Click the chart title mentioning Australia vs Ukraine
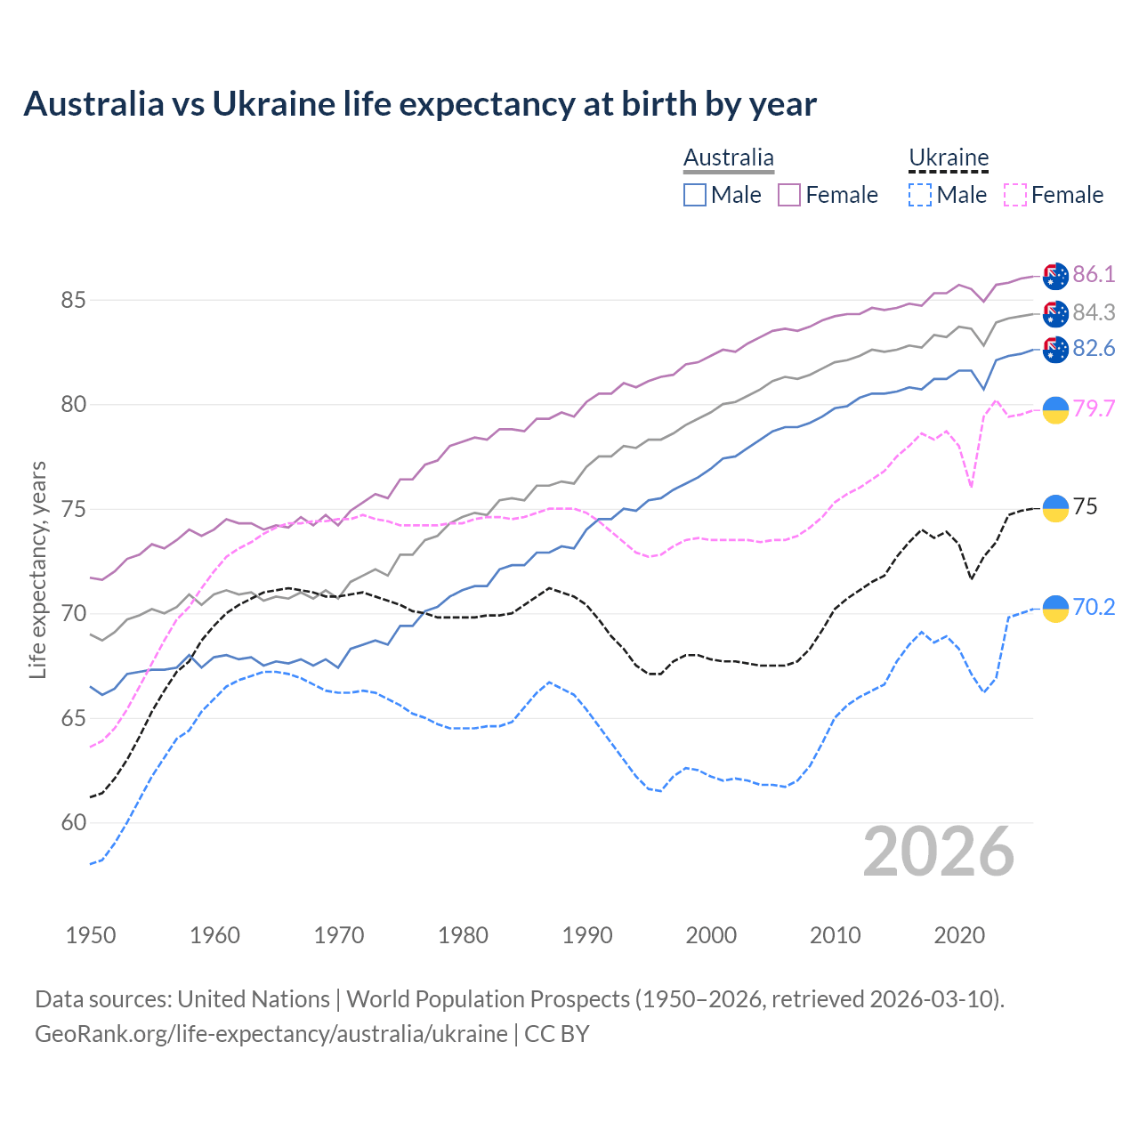420,104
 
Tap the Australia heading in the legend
729,158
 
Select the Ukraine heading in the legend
949,158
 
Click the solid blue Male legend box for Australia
695,195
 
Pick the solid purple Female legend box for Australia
789,195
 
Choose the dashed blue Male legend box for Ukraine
920,195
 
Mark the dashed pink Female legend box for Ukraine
1014,195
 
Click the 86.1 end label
1094,274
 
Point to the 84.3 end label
1094,312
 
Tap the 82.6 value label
1094,348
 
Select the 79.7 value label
1094,408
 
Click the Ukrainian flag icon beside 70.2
1055,608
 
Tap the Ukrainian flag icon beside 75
1055,507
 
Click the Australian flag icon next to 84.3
1055,313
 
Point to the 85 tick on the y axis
73,300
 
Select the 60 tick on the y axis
73,822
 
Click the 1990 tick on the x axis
587,935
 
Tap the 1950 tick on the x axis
91,935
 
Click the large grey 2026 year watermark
939,852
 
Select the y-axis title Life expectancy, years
38,569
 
